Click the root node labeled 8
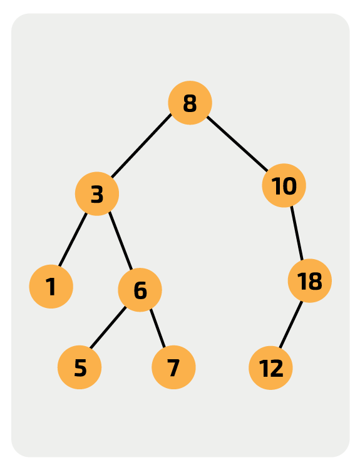pos(190,103)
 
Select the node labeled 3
pos(97,193)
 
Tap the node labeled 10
pos(284,185)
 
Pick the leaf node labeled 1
pos(51,287)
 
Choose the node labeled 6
pos(140,290)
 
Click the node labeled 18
pos(310,280)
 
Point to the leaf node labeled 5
pos(80,367)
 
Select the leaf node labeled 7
pos(173,367)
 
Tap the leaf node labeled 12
pos(270,368)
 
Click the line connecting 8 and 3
pos(141,145)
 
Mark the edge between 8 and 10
pos(237,144)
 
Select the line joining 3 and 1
pos(73,240)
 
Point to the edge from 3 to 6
pos(120,241)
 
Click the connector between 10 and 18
pos(297,233)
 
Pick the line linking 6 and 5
pos(108,327)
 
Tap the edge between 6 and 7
pos(158,328)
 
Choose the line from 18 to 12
pos(291,324)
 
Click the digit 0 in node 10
pos(289,186)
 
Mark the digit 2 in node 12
pos(275,369)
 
